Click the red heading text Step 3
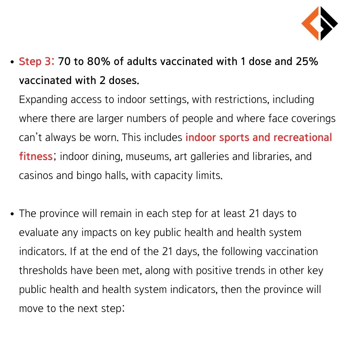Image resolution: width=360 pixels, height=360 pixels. [36, 62]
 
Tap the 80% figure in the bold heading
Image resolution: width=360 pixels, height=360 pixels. [98, 62]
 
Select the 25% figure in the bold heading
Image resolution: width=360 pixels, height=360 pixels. [307, 62]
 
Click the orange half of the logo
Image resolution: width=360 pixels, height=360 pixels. [310, 23]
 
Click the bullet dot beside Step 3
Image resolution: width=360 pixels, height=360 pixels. [12, 62]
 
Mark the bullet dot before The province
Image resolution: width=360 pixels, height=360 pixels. [12, 214]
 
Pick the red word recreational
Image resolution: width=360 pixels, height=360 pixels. [303, 137]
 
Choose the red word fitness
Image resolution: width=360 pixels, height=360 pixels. [36, 156]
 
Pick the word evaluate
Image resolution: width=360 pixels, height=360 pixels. [39, 233]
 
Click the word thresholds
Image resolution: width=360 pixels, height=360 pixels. [43, 270]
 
